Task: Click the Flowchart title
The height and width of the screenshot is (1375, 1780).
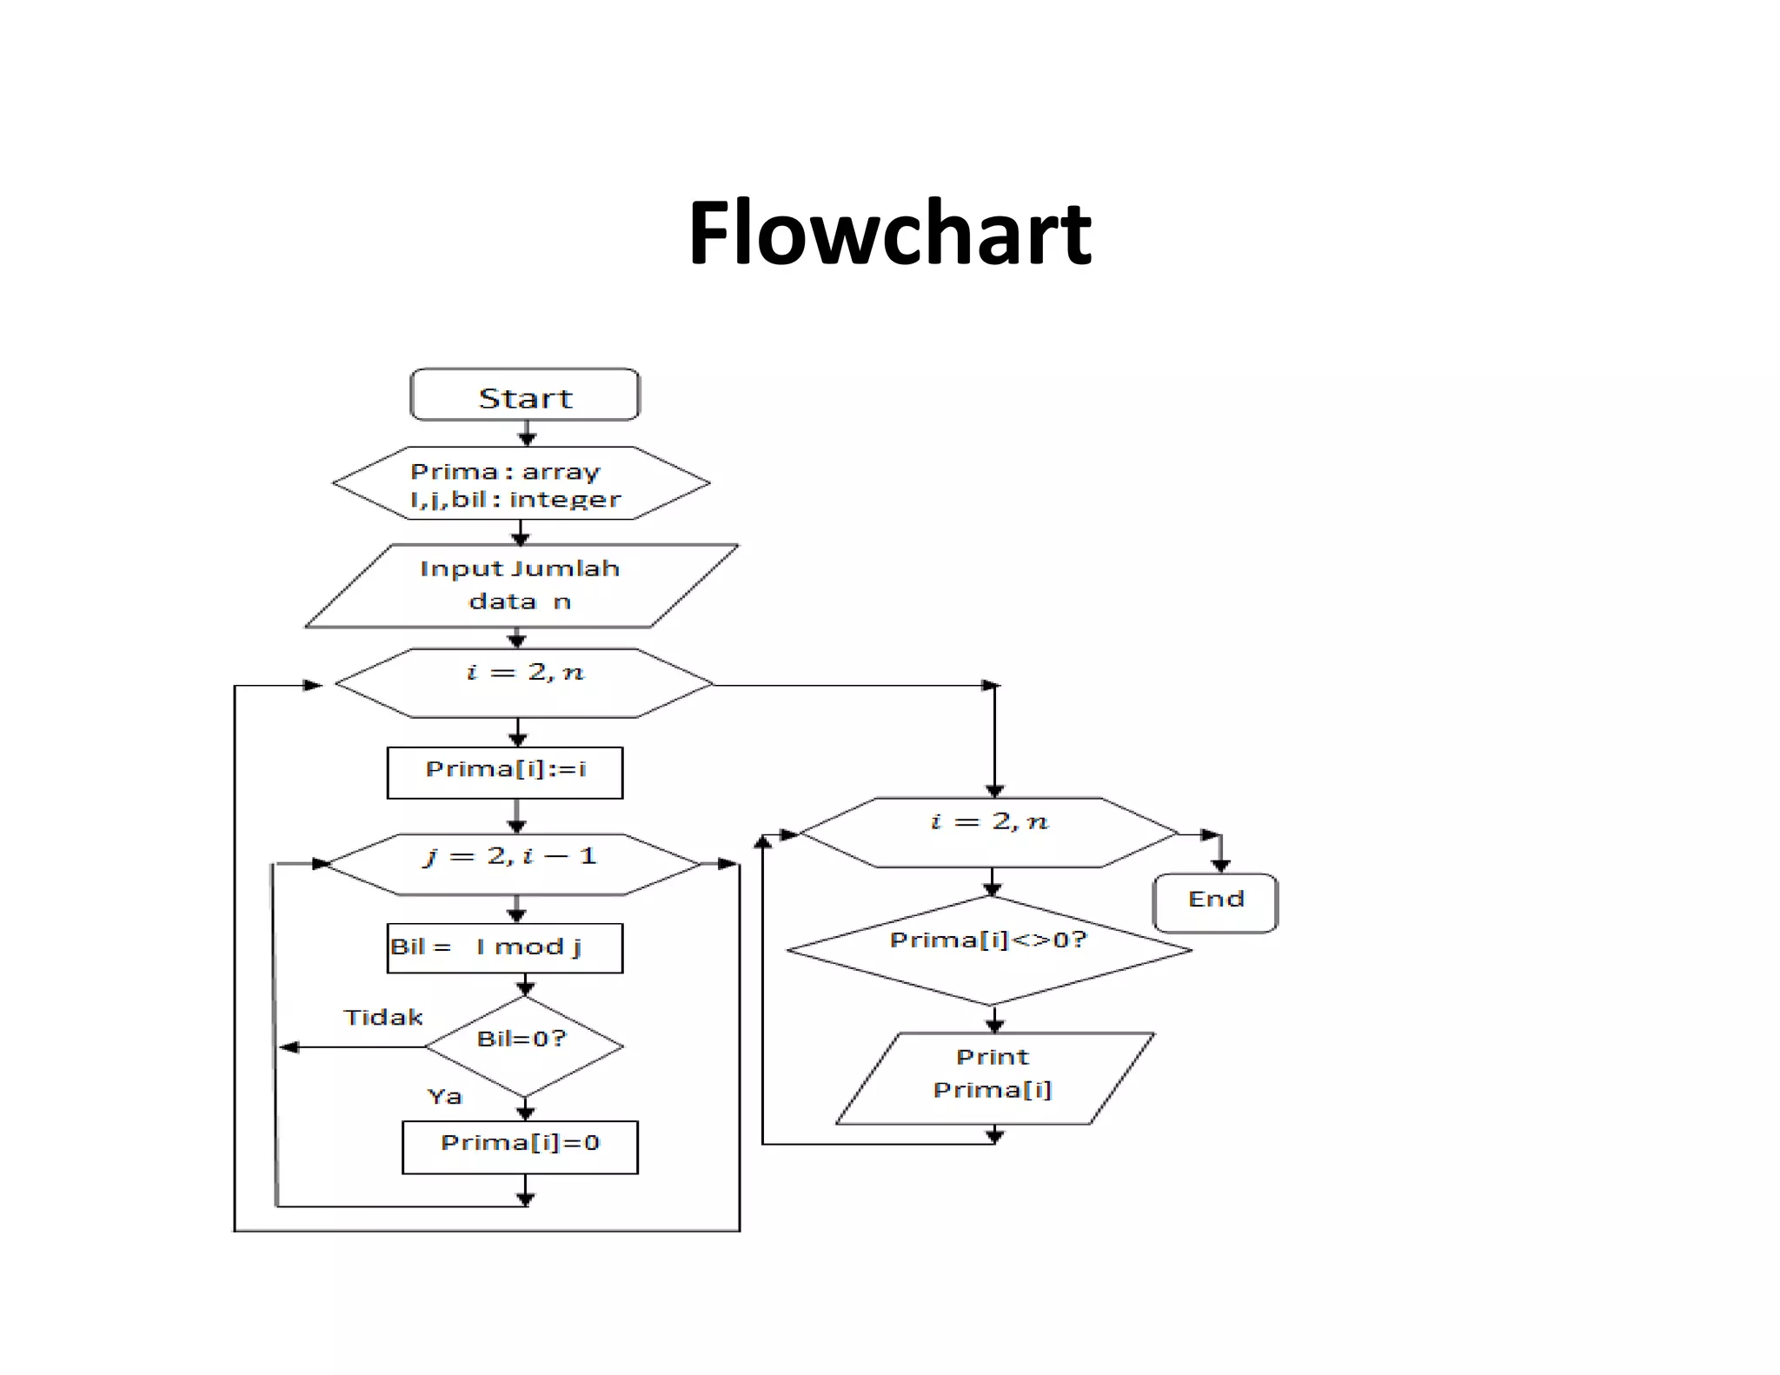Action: tap(889, 233)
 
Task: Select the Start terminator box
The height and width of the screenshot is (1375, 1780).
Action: tap(525, 395)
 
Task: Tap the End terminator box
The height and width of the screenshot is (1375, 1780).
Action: tap(1215, 902)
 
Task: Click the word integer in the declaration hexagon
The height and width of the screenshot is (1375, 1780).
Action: tap(565, 500)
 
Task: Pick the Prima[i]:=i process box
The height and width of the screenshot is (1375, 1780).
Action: tap(505, 772)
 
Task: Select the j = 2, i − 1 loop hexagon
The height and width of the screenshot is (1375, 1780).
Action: tap(513, 863)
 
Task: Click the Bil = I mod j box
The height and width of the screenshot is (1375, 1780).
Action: tap(505, 947)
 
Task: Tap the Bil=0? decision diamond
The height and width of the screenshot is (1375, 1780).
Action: tap(523, 1045)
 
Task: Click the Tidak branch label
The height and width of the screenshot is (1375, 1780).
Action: tap(382, 1017)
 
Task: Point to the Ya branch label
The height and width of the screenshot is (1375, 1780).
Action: tap(444, 1096)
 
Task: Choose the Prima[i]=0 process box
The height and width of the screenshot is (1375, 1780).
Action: tap(520, 1146)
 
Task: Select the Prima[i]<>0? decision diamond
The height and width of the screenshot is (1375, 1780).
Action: tap(989, 949)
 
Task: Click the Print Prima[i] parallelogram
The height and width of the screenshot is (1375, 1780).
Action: tap(993, 1078)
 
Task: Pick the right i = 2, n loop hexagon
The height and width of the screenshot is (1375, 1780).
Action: tap(989, 832)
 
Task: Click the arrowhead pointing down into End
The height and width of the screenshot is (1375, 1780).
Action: tap(1220, 865)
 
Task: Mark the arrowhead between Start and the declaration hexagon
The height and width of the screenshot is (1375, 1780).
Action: tap(527, 438)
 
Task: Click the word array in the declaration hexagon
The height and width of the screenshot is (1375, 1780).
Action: tap(561, 472)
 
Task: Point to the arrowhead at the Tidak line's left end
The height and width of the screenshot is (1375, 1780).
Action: tap(289, 1047)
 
